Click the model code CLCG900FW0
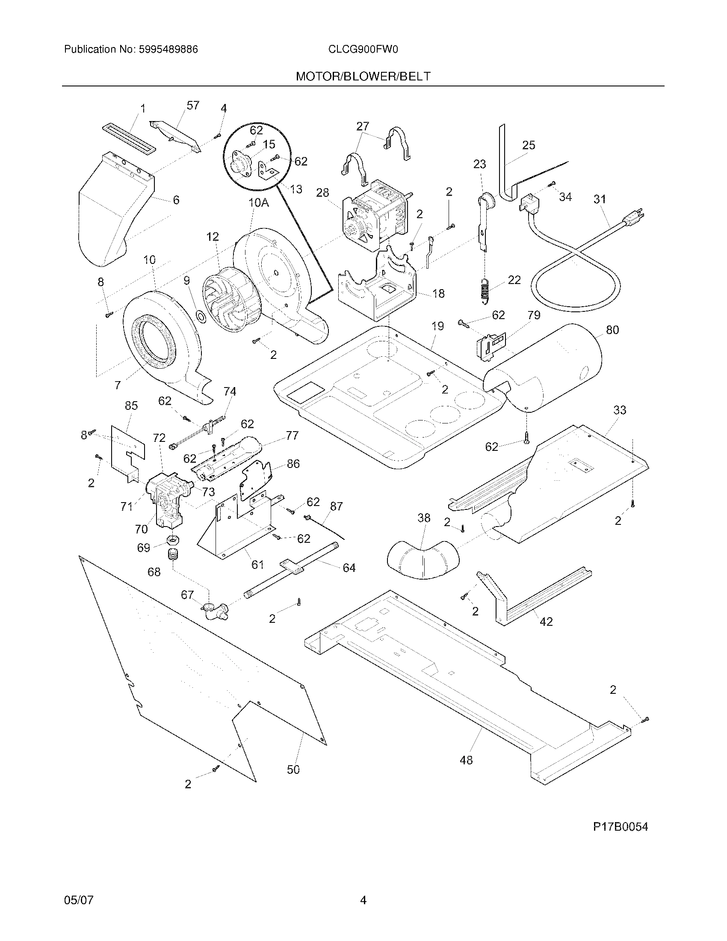tap(363, 50)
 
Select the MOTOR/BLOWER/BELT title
tap(363, 77)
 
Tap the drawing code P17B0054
tap(620, 827)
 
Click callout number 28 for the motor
tap(322, 192)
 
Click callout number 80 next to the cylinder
tap(612, 330)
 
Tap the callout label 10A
tap(258, 202)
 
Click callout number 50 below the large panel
tap(293, 769)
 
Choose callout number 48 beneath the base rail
tap(466, 760)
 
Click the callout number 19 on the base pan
tap(437, 326)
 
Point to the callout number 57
tap(193, 106)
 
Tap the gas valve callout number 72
tap(159, 438)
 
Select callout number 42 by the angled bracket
tap(546, 622)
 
